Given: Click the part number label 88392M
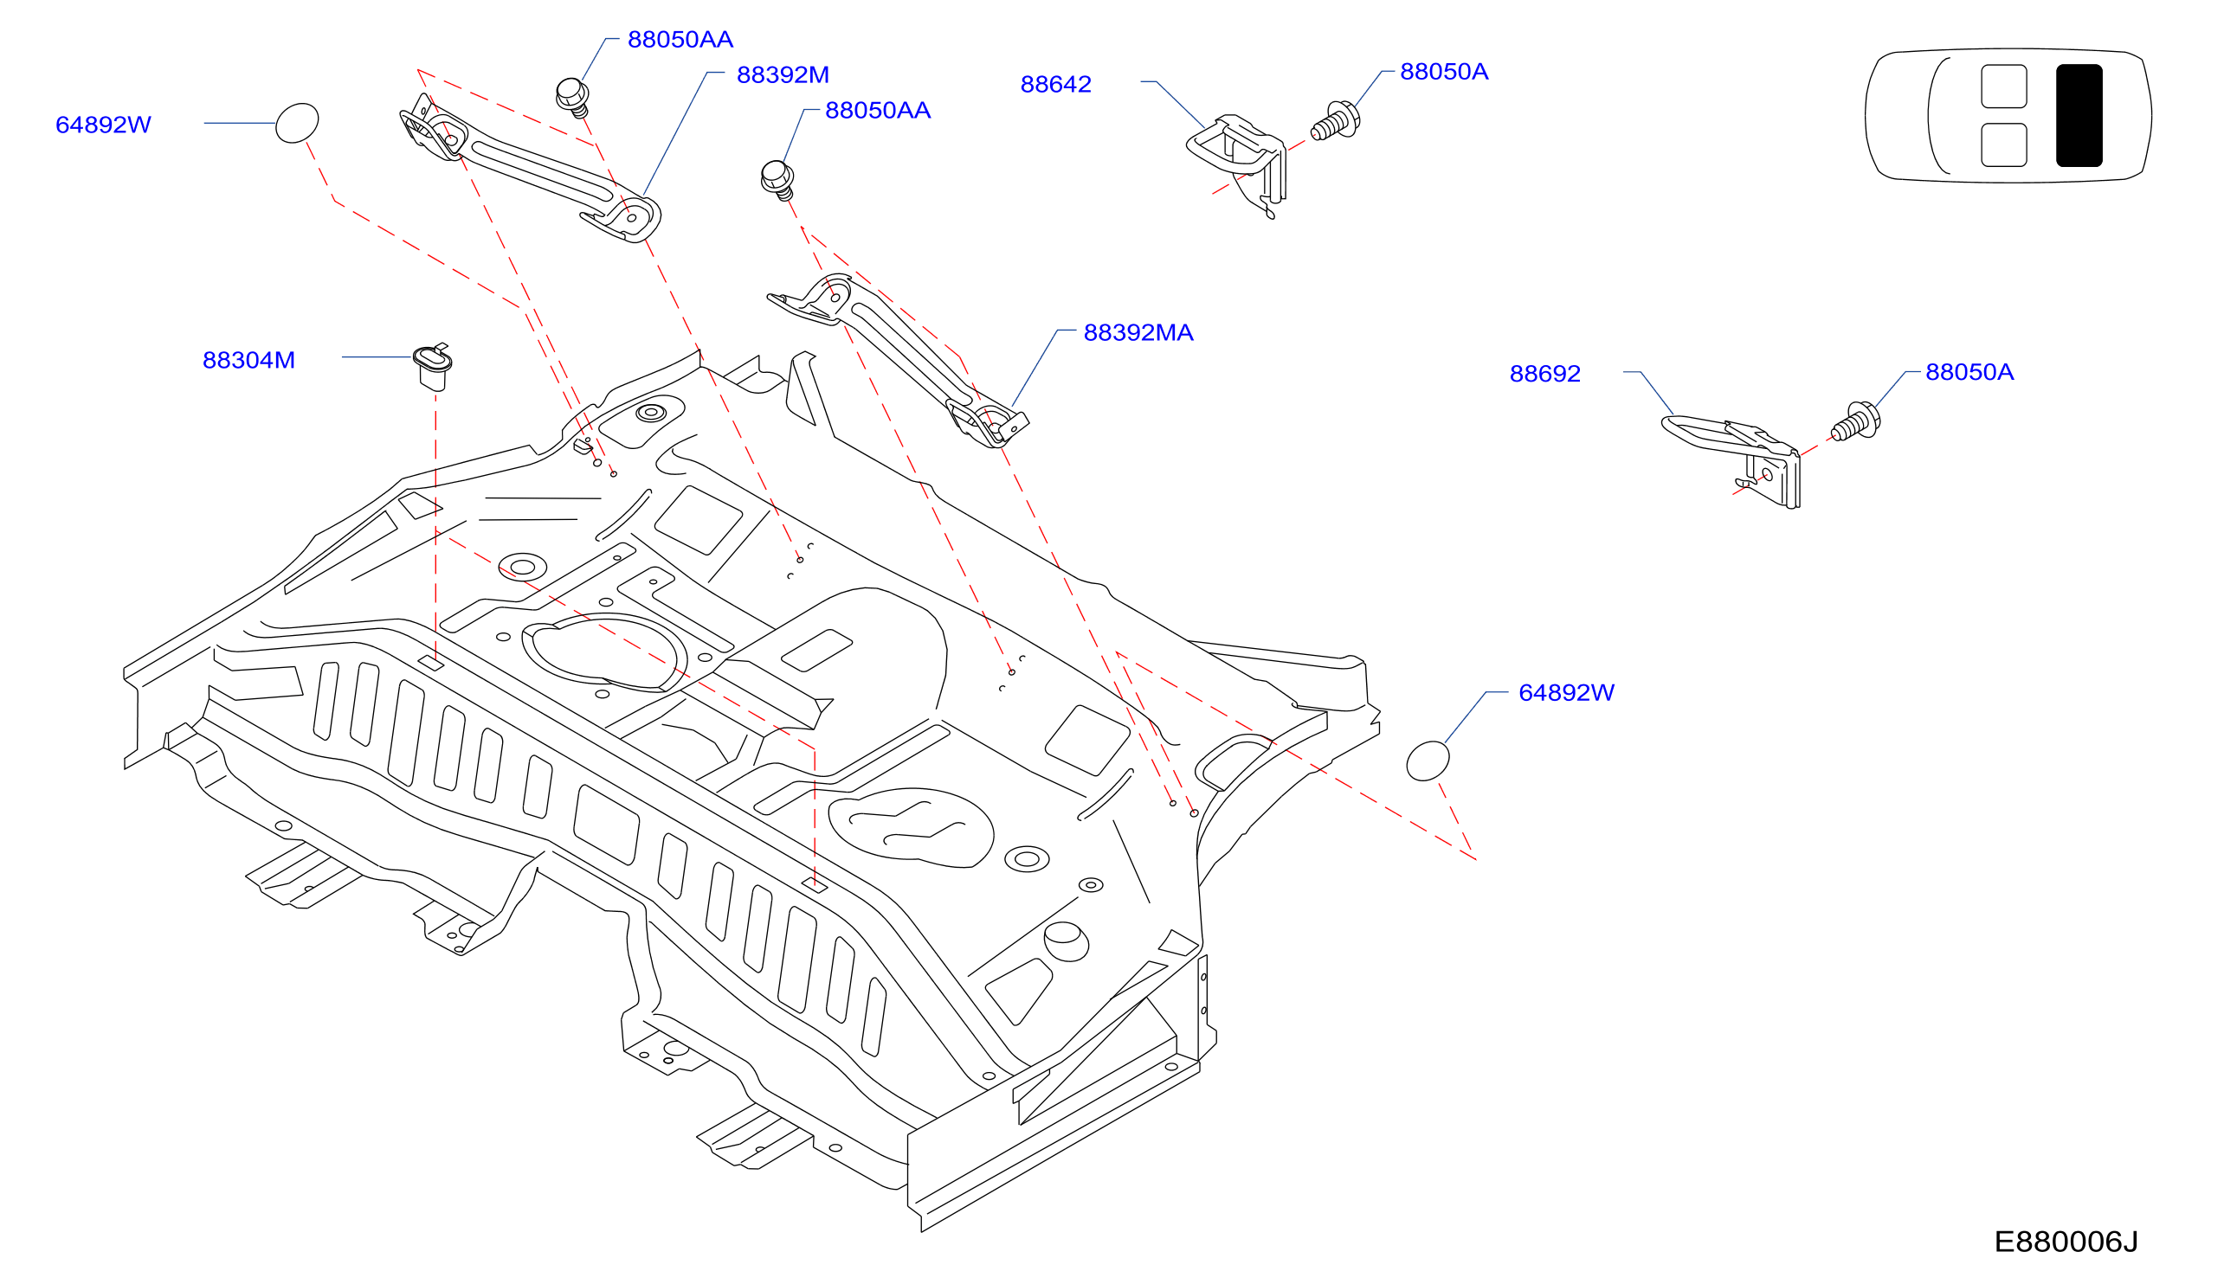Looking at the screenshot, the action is coord(783,75).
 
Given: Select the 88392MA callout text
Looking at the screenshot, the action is coord(1138,332).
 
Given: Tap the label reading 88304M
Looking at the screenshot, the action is coord(248,360).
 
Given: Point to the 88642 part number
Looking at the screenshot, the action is coord(1056,84).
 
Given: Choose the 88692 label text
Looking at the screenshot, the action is coord(1544,373).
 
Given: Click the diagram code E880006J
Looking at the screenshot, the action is coord(2066,1242).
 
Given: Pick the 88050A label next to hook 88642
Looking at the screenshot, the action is coord(1444,72).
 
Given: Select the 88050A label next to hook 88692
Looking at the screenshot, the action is coord(1969,372).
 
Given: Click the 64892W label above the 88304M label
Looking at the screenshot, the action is coord(103,125).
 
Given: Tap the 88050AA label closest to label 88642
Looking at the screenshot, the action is coord(878,110).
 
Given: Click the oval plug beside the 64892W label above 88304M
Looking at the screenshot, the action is coord(297,123).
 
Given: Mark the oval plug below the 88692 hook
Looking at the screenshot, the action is coord(1428,761).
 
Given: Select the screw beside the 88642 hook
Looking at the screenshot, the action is coord(1335,121).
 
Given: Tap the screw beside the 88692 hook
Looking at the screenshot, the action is coord(1856,421).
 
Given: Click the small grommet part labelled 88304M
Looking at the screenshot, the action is coord(432,367).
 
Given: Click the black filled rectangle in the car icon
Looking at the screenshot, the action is coord(2079,116).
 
